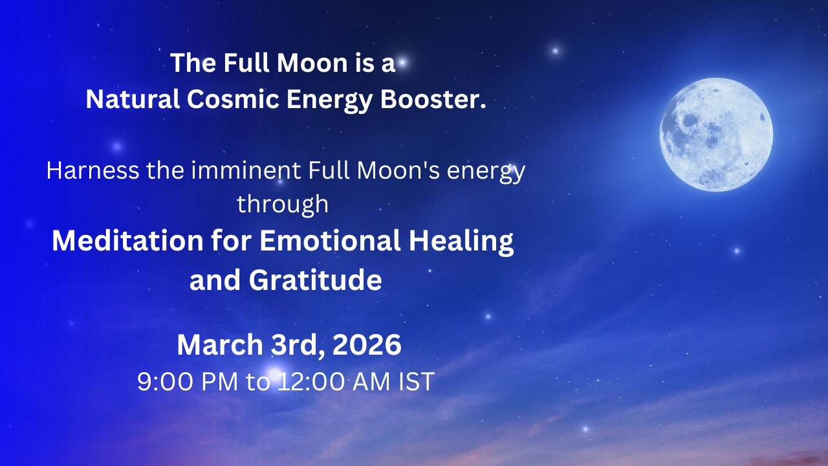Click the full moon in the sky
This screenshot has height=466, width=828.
pyautogui.click(x=716, y=135)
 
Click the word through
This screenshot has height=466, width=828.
pyautogui.click(x=283, y=204)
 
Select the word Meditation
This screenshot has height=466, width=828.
pyautogui.click(x=127, y=241)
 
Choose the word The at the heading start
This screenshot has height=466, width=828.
pyautogui.click(x=193, y=63)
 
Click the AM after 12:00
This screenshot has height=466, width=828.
pyautogui.click(x=370, y=382)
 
